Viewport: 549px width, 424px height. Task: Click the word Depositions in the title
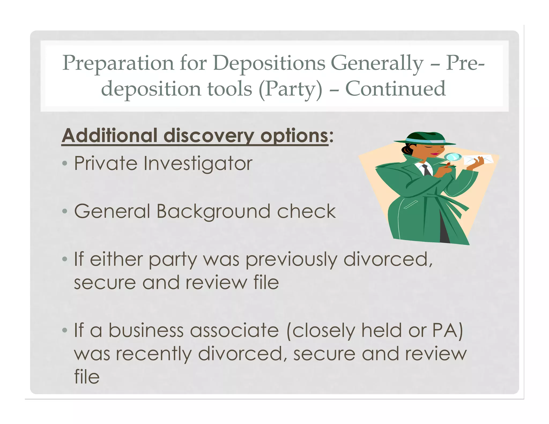[269, 63]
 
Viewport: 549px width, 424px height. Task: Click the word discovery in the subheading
[209, 136]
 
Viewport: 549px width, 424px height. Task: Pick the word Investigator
[198, 163]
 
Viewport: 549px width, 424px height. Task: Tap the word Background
[213, 212]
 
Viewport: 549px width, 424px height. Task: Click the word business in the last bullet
[146, 330]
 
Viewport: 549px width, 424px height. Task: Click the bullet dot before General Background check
[65, 211]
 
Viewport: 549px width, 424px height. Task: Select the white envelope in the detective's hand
[478, 160]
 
